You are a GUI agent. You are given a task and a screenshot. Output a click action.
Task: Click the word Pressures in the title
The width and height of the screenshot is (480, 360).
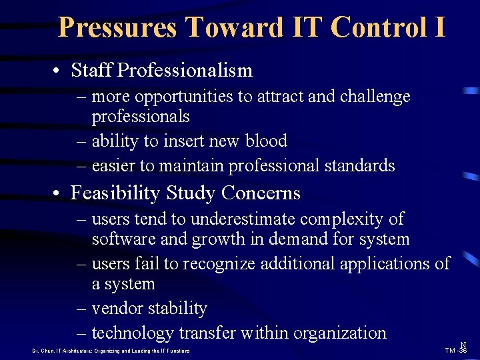[117, 27]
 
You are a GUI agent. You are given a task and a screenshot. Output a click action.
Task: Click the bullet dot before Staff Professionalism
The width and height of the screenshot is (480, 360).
[60, 71]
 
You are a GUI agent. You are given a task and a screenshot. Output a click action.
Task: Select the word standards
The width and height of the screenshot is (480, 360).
[359, 165]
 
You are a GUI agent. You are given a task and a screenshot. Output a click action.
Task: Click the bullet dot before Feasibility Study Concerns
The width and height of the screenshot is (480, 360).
[60, 194]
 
